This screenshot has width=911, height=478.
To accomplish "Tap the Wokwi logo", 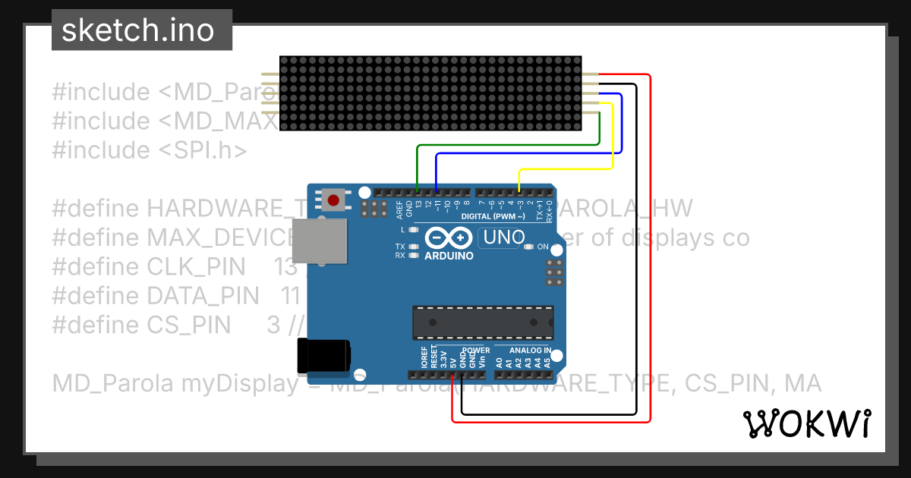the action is (x=807, y=423).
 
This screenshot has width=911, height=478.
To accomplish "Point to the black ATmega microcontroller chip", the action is (x=483, y=322).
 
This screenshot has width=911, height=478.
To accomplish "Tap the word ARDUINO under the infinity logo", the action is (x=449, y=256).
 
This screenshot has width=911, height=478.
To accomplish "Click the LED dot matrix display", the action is (x=430, y=93).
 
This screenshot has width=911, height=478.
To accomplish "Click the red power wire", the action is (x=651, y=250).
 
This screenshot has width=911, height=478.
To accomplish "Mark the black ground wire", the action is (x=636, y=250).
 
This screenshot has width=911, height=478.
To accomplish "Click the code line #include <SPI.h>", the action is (x=150, y=150).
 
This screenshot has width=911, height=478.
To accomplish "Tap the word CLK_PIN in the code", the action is (x=196, y=267).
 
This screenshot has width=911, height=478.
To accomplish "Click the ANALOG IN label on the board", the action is (x=529, y=351).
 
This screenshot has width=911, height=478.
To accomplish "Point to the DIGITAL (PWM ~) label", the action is (x=494, y=216).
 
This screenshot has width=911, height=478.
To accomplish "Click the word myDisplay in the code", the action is (x=240, y=383).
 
